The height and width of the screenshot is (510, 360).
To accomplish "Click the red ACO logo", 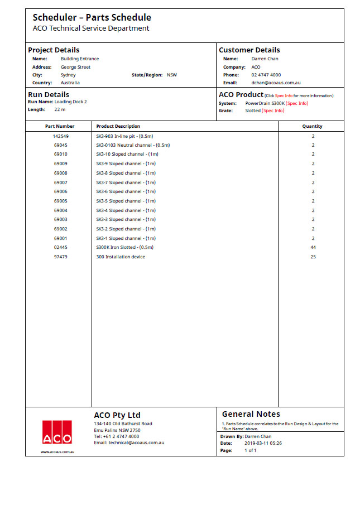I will coord(57,431).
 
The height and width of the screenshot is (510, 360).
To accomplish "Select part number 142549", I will coord(61,136).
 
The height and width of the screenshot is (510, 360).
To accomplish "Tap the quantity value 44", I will coord(313,247).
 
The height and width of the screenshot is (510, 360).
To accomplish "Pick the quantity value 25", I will coord(313,257).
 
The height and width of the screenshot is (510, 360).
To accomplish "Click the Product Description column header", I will coord(118,126).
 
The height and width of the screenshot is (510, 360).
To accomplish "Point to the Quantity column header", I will coord(313,126).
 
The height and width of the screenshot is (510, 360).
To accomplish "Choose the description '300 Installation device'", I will coord(121,257).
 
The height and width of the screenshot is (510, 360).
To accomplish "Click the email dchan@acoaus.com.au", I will coord(276,83).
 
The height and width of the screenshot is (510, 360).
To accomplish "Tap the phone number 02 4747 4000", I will coord(266,75).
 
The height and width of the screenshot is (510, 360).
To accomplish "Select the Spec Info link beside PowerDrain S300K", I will coord(297,103).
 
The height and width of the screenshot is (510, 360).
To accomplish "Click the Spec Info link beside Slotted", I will coord(273,110).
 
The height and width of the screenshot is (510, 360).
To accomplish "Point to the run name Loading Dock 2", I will coord(70,102).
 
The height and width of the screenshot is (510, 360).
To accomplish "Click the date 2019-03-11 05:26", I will coord(263,443).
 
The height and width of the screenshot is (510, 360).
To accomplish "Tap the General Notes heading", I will coord(251,414).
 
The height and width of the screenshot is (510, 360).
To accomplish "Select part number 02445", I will coord(61,247).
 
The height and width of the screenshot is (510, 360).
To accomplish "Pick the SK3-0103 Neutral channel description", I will coord(133,145).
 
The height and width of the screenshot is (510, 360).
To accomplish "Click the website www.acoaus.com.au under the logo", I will coord(57,451).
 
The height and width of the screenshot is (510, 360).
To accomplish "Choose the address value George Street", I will coord(75,67).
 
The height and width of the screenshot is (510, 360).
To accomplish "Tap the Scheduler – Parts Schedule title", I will coord(92,18).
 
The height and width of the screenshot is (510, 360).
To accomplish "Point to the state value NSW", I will coord(172,75).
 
